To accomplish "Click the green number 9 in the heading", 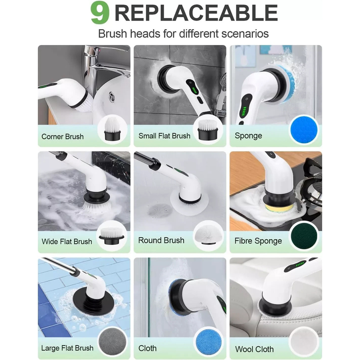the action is click(100, 13).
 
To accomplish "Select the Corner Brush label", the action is click(63, 137).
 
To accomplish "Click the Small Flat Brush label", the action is click(164, 136).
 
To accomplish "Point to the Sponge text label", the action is click(248, 136).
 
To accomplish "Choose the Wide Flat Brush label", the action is click(67, 242).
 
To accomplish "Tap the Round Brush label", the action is click(161, 240).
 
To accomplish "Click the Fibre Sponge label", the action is click(258, 241).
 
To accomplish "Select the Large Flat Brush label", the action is click(67, 348).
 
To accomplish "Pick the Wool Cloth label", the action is click(254, 349).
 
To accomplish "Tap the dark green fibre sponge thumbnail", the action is click(304, 236).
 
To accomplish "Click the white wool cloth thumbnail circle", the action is click(304, 342).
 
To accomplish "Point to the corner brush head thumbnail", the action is click(112, 129).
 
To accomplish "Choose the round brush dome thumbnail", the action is click(208, 235).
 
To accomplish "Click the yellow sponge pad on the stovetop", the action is click(279, 207).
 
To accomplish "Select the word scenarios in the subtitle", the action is click(245, 34).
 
